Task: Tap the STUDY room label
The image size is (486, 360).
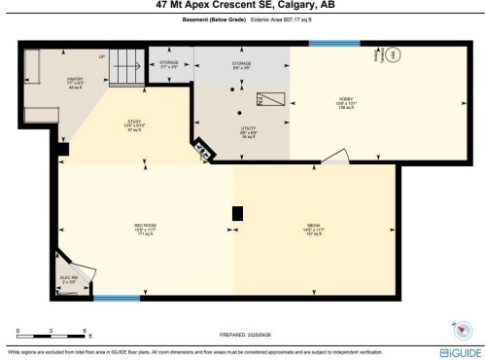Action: (x=108, y=124)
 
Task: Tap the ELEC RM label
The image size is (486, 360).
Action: (x=68, y=279)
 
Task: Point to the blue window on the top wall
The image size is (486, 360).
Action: (x=329, y=43)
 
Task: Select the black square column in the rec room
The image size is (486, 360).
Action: (x=237, y=213)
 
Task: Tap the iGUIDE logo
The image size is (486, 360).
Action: (x=457, y=351)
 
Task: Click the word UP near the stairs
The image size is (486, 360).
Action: (x=101, y=56)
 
